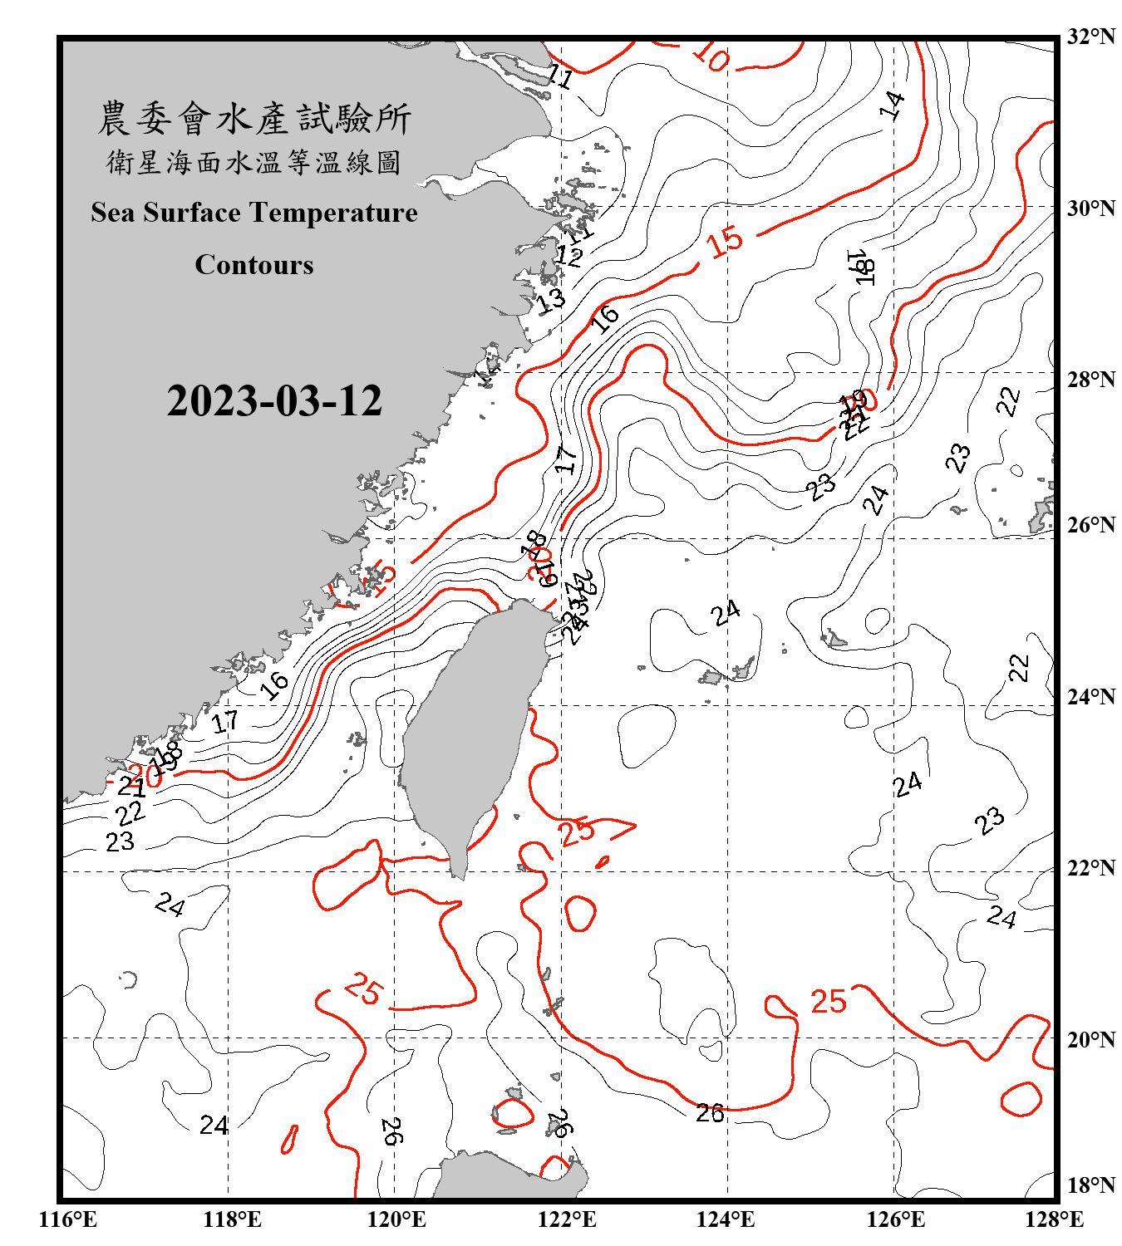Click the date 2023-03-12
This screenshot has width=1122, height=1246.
pos(274,401)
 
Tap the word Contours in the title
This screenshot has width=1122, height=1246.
pos(254,265)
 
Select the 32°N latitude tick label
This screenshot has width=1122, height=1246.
pos(1090,36)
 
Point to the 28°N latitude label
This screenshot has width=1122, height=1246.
pos(1090,379)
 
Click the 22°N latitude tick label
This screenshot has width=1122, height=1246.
pos(1090,867)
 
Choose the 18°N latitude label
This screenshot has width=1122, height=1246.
pos(1090,1185)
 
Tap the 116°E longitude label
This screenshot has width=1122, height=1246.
pos(68,1219)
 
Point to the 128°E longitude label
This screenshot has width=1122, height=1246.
pos(1054,1219)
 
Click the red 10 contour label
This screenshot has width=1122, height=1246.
pos(711,56)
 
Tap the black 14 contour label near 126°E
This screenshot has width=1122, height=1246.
pos(892,105)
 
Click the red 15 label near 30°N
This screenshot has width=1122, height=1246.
pos(725,241)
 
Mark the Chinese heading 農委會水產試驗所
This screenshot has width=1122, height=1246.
pos(254,119)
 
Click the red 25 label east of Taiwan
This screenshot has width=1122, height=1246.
pos(577,831)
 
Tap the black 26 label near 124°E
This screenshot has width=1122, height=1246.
pos(710,1113)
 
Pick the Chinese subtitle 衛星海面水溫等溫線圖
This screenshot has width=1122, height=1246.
pos(254,162)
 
